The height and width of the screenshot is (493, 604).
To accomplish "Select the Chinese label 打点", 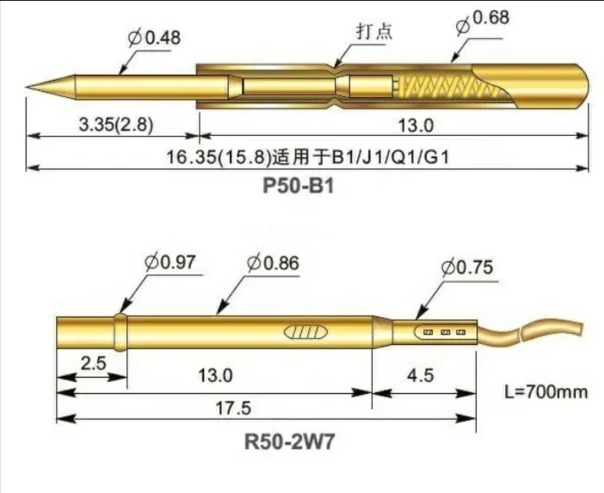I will (x=374, y=31).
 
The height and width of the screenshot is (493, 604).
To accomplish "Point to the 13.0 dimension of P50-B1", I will (x=416, y=124).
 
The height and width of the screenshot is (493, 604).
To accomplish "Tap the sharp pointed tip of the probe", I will (x=31, y=87).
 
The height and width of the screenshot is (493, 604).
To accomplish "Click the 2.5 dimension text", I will (x=93, y=364).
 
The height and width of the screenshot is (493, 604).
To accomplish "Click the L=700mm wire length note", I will (x=545, y=392).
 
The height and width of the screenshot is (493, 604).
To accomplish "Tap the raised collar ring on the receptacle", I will (x=120, y=331).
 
